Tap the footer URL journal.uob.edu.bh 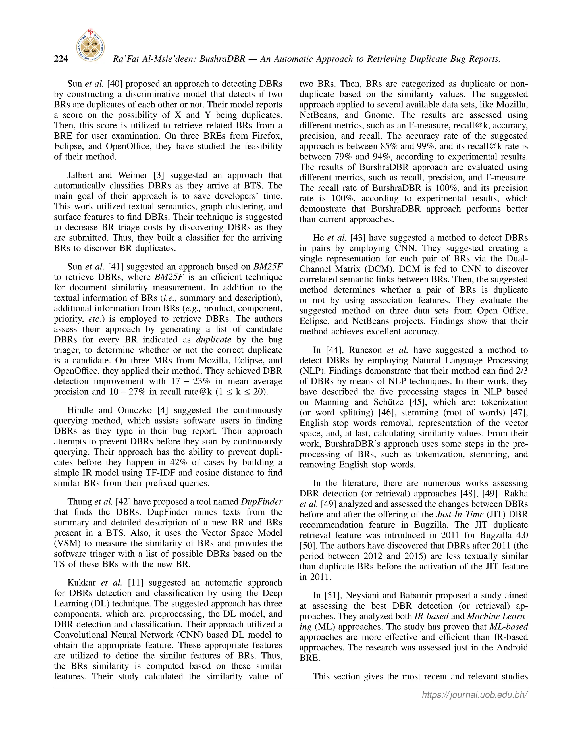coord(475,695)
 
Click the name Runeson coord(365,350)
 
